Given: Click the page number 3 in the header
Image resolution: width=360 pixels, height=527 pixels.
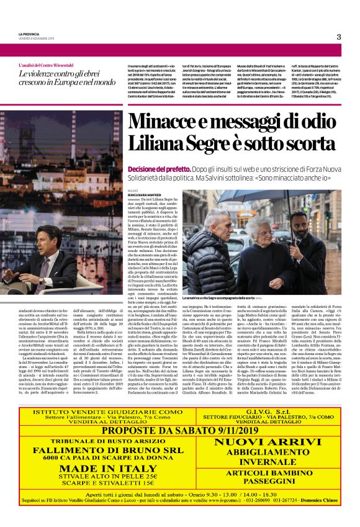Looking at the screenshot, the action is [339, 37].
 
